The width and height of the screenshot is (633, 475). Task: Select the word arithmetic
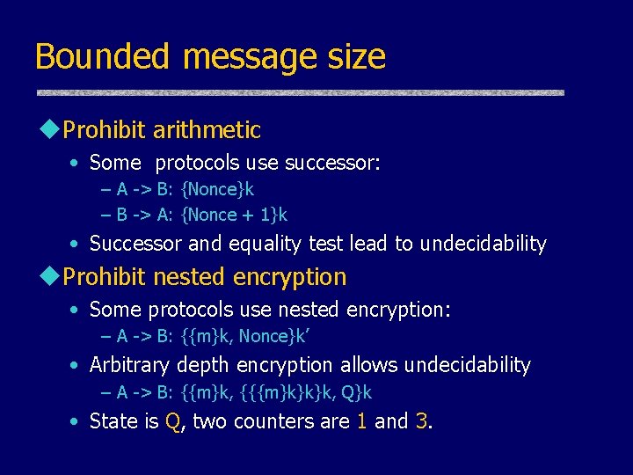click(207, 130)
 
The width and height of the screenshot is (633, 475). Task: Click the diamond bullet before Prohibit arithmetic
click(49, 130)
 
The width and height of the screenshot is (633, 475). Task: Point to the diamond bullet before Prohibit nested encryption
click(49, 277)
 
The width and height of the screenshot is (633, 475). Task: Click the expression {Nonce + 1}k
click(234, 215)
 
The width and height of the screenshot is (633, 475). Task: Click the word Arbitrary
click(130, 365)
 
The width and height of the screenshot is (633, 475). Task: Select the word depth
click(201, 365)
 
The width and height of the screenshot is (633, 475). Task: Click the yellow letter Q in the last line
click(173, 422)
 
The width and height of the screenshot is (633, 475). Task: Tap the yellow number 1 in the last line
click(361, 422)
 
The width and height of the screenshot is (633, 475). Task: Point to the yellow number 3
click(421, 422)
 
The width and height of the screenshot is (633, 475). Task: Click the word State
click(113, 422)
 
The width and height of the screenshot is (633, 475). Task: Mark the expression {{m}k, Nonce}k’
click(238, 336)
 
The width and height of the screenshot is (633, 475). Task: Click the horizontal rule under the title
click(299, 92)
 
